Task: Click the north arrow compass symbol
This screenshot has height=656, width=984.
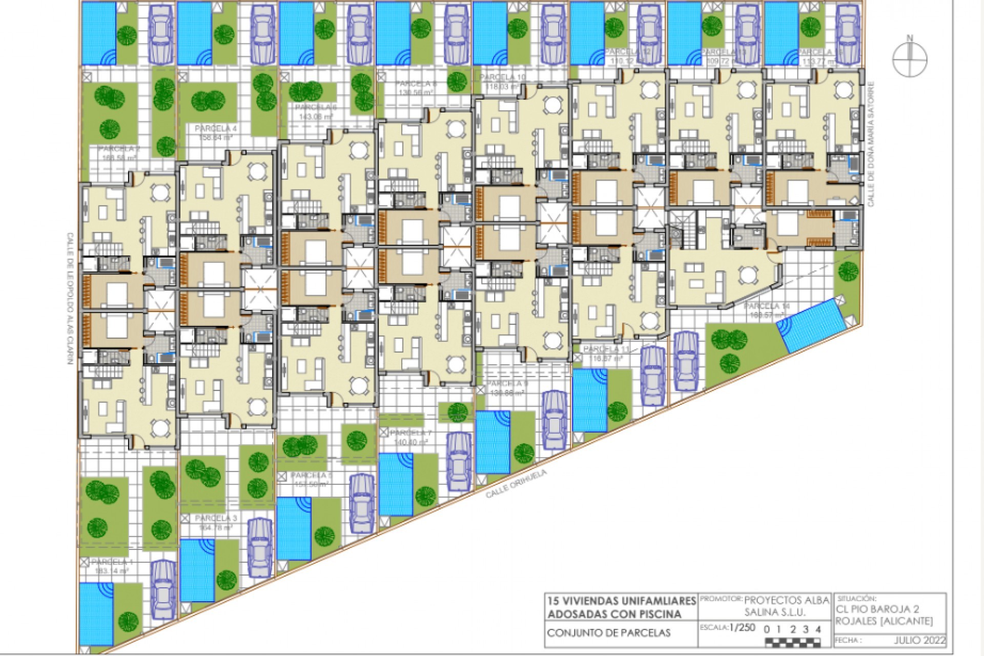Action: click(910, 59)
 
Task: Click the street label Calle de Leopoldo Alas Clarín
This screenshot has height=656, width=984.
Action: click(69, 298)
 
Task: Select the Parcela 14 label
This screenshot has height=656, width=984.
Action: click(767, 306)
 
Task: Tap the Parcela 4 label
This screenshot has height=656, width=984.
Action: click(216, 129)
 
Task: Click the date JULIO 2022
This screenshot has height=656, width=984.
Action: click(919, 641)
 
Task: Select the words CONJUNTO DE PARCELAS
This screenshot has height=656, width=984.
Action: click(608, 633)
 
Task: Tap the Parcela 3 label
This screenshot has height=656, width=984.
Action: click(216, 518)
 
